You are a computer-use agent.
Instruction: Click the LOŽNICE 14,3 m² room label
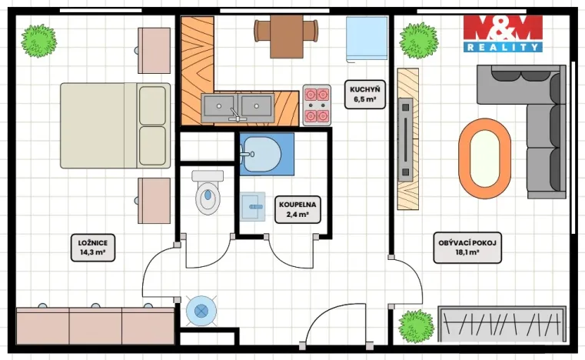pos(92,248)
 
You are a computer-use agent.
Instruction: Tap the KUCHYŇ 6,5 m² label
pos(365,94)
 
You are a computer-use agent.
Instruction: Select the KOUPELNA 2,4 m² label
pos(297,209)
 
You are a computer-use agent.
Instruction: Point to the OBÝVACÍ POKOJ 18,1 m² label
pos(467,248)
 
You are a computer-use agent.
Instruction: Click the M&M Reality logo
pos(503,33)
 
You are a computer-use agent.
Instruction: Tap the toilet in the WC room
pos(208,192)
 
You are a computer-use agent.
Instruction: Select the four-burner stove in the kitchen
pos(317,105)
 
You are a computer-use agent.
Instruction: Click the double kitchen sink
pos(238,108)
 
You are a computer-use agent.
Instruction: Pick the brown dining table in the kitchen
pos(287,36)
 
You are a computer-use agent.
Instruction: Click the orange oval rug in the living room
pos(484,158)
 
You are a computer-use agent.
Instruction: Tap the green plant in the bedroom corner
pos(38,40)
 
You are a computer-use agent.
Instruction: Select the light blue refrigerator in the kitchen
pos(367,39)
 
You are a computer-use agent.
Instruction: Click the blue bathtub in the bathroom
pos(267,154)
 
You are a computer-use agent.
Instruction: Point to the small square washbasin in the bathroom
pos(253,206)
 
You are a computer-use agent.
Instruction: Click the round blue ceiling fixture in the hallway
pos(201,311)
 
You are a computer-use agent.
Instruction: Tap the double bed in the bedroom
pos(115,125)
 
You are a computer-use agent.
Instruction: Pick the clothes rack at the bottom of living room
pos(502,324)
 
